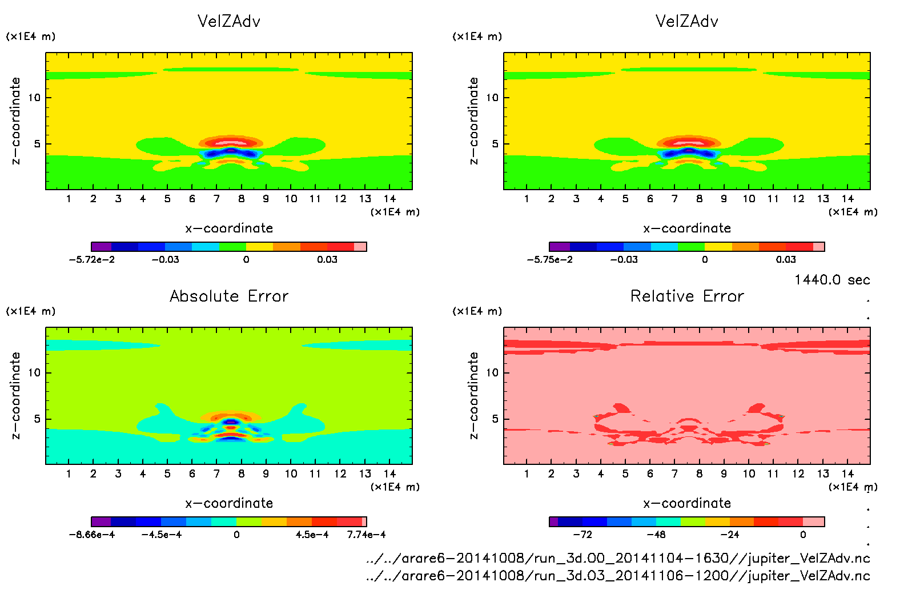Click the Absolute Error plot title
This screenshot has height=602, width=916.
click(229, 296)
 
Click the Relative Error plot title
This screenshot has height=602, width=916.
click(687, 296)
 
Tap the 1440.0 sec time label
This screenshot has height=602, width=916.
click(832, 280)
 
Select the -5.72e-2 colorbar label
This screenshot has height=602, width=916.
click(91, 259)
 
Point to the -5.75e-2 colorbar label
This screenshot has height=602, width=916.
click(549, 259)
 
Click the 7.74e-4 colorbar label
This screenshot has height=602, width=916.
click(366, 535)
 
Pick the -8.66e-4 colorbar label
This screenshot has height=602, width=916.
click(91, 535)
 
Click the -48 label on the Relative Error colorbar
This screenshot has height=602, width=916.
click(656, 535)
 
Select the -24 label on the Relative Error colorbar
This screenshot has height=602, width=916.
click(729, 535)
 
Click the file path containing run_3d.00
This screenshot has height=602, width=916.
click(618, 558)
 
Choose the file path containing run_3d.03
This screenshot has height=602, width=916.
click(618, 576)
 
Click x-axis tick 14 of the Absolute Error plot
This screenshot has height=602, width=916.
click(389, 473)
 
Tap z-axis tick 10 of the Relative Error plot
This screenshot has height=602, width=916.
click(492, 372)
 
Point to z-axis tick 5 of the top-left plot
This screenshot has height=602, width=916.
click(38, 144)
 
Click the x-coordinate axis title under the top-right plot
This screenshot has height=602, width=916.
click(687, 228)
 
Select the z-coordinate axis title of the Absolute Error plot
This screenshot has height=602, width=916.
click(16, 395)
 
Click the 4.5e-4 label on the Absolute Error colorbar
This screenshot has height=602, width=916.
click(312, 535)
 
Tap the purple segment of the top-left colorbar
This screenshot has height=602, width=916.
click(101, 247)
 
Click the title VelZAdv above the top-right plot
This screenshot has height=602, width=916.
click(687, 21)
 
